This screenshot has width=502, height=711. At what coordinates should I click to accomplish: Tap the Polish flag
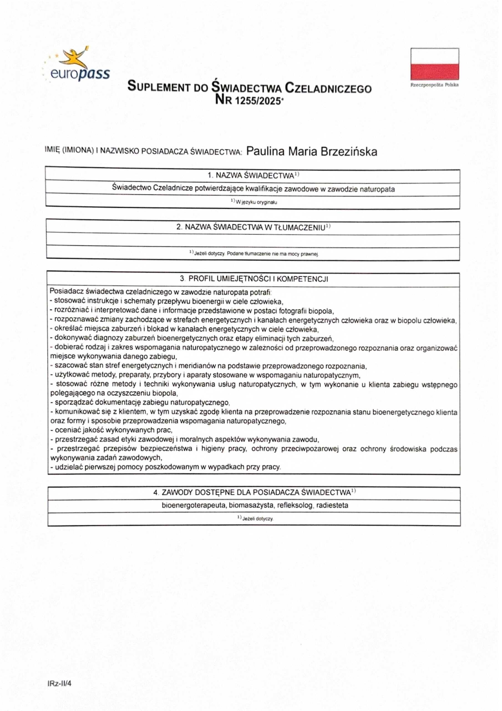[434, 64]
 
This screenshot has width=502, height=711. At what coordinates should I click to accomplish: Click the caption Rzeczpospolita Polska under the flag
[434, 85]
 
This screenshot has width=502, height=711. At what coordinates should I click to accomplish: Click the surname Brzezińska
[349, 152]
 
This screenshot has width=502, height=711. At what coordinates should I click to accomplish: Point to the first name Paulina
[265, 152]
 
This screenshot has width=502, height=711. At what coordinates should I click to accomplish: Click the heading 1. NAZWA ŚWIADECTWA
[253, 176]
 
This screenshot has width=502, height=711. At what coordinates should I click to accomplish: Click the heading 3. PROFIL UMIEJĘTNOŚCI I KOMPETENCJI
[253, 279]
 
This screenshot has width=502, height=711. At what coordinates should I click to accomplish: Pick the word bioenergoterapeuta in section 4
[194, 505]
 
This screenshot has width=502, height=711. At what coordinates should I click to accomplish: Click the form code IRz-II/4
[59, 683]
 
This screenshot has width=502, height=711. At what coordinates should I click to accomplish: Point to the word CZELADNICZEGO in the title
[328, 89]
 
